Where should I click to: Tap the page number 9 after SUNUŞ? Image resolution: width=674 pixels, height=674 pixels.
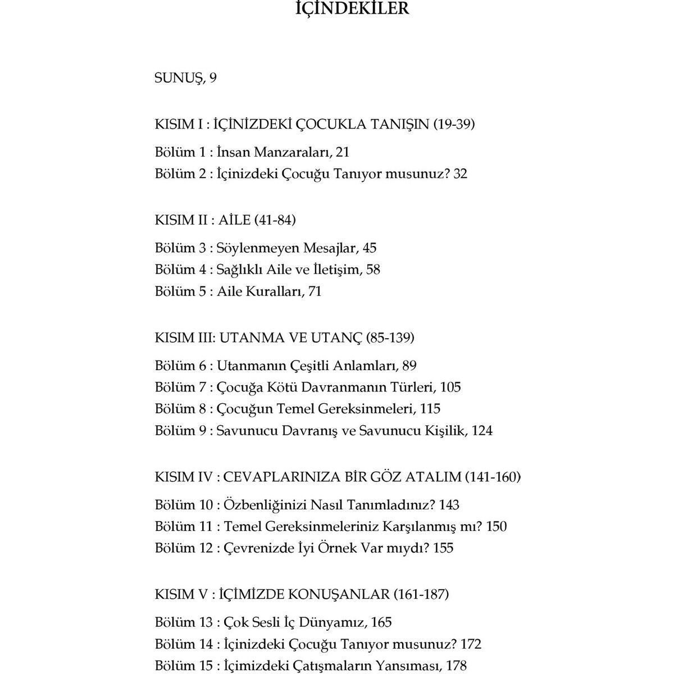click(x=213, y=78)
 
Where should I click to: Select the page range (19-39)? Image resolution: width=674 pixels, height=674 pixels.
click(x=454, y=124)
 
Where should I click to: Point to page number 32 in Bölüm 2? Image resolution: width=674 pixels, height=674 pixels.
click(x=460, y=174)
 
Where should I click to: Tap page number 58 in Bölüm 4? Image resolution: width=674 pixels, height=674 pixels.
click(x=373, y=270)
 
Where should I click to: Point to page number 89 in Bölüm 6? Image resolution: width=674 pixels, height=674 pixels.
click(x=409, y=366)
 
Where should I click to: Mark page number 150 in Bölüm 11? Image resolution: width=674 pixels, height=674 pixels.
click(x=497, y=527)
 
